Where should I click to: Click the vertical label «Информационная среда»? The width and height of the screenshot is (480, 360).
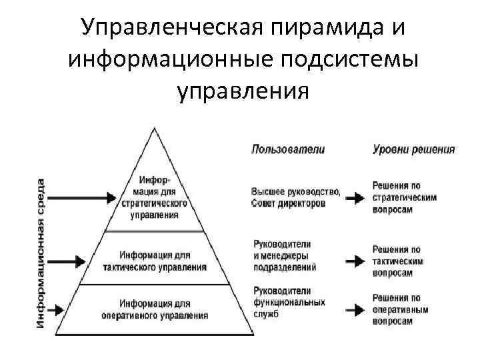pyautogui.click(x=41, y=253)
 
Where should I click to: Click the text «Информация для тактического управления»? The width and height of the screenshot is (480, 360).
pyautogui.click(x=155, y=261)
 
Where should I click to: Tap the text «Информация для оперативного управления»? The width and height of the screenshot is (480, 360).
pyautogui.click(x=155, y=309)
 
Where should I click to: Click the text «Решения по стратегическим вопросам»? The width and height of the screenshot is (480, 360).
pyautogui.click(x=404, y=197)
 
